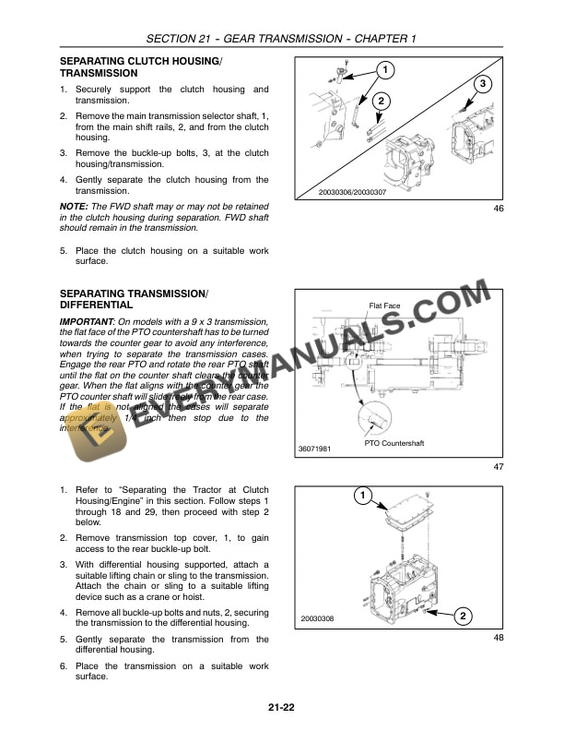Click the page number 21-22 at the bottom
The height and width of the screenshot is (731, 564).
click(281, 708)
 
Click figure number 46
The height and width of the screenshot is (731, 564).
click(499, 209)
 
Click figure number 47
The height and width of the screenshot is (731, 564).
click(499, 467)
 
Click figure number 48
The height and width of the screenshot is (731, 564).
click(499, 637)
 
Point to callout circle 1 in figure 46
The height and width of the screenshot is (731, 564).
click(385, 70)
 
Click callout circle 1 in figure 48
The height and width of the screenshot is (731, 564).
click(363, 497)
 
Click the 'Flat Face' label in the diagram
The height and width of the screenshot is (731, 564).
click(384, 306)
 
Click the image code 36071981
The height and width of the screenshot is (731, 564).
click(314, 449)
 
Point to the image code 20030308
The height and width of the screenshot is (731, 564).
click(316, 618)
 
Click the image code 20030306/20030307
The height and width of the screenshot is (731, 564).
click(338, 192)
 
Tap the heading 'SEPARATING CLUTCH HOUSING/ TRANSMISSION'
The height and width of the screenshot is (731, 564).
click(140, 66)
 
